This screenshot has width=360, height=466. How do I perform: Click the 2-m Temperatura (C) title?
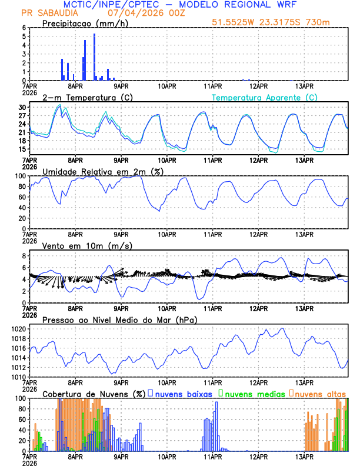click(x=84, y=97)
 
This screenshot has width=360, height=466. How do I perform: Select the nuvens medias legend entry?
click(x=253, y=394)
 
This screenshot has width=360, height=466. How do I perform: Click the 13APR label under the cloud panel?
click(x=304, y=457)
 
